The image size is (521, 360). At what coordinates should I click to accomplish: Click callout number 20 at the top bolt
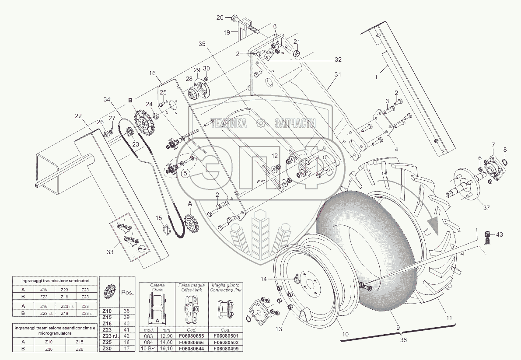point(220,17)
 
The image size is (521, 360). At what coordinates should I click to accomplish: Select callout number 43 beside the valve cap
point(500,235)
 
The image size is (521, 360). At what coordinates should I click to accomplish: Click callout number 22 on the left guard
point(78,116)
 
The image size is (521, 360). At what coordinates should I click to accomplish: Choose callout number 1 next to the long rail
point(375,77)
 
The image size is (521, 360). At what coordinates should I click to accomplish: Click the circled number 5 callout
point(185,173)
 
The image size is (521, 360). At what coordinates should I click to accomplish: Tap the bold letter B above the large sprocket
point(129,100)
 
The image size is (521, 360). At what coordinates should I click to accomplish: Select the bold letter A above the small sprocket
point(189,204)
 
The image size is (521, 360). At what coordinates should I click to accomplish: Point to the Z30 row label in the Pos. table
point(107,349)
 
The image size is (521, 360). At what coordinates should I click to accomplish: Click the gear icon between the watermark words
point(261,124)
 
